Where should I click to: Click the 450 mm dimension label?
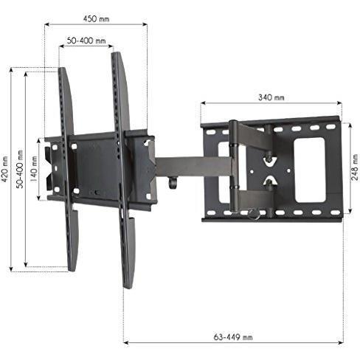coord(96,19)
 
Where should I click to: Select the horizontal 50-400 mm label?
coord(86,41)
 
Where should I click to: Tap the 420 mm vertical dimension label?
coord(5,170)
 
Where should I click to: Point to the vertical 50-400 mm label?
coord(20,169)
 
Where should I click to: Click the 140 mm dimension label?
coord(34,169)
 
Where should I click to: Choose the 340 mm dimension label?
coord(271,97)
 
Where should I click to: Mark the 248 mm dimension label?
coord(355,167)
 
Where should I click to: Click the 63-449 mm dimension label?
coord(233,337)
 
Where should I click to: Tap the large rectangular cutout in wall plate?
coord(310,170)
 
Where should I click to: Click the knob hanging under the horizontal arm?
coord(173,182)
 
